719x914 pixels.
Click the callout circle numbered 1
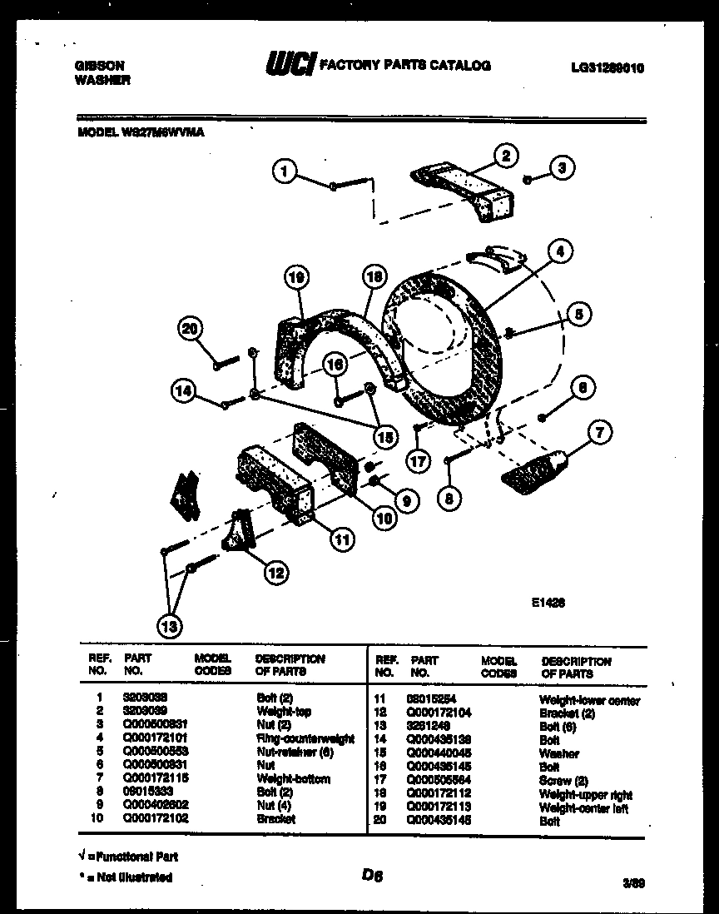[x=285, y=171]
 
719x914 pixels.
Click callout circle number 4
[x=560, y=251]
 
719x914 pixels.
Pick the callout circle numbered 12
[x=275, y=572]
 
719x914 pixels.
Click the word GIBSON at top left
[x=100, y=66]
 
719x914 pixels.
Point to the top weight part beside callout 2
[x=464, y=189]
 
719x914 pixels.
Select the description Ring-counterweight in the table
[x=305, y=738]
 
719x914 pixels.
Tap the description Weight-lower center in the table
[x=590, y=700]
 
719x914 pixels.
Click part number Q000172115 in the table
[x=154, y=778]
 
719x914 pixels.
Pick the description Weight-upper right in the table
[x=586, y=795]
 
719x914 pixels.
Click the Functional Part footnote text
[x=128, y=856]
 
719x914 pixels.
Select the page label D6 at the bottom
[x=371, y=874]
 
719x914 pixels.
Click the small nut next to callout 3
[x=528, y=179]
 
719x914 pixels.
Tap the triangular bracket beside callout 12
[x=236, y=532]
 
